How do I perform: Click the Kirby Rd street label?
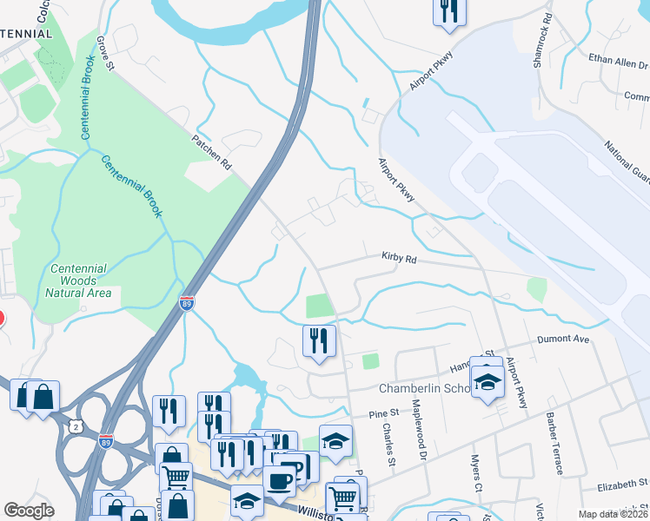click(399, 258)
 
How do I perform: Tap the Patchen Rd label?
click(212, 150)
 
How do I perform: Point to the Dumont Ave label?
click(564, 339)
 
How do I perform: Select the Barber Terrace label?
click(555, 442)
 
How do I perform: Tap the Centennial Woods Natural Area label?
click(78, 280)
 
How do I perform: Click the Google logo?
click(29, 511)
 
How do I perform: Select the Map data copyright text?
click(613, 514)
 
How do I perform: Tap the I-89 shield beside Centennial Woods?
click(186, 303)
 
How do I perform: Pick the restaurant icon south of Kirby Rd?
click(319, 340)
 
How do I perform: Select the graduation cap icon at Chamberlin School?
click(487, 383)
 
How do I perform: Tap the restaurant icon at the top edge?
click(448, 11)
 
